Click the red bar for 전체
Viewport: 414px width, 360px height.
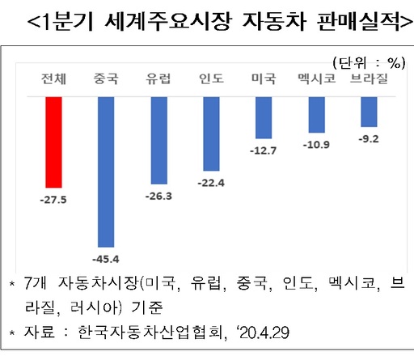point(54,142)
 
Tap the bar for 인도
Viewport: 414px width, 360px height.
point(211,134)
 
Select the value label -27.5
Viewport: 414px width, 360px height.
point(54,197)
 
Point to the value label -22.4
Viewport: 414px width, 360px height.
point(211,181)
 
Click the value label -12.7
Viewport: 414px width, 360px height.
point(264,150)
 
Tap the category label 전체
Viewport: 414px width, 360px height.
point(54,79)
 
